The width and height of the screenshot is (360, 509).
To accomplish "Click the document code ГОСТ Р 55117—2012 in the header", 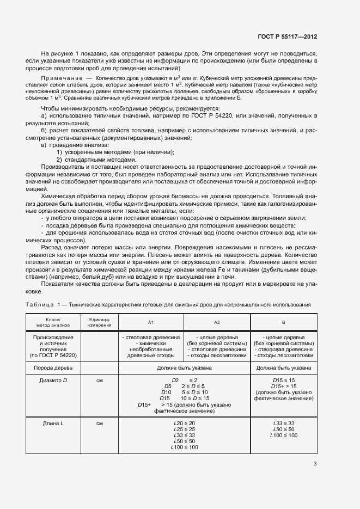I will click(287, 36).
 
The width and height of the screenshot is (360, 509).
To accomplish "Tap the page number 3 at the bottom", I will click(315, 464).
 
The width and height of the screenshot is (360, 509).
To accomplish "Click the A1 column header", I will click(151, 322).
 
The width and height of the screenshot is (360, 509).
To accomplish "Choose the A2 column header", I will click(216, 322).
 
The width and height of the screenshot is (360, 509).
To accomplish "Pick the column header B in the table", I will click(283, 322).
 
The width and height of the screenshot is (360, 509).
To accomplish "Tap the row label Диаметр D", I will click(53, 380).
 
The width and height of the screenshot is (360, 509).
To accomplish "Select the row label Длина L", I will click(53, 423).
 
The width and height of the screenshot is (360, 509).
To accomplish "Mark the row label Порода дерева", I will click(53, 368).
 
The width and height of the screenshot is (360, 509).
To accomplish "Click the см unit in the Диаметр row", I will click(99, 380).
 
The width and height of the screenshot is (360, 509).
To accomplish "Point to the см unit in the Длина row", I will click(99, 423).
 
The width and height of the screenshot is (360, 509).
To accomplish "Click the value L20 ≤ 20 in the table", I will click(184, 423).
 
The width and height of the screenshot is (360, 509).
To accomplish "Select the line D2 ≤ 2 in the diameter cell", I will click(184, 379).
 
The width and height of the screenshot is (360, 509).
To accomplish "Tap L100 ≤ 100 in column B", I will click(283, 435).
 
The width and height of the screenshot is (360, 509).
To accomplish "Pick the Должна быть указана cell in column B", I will click(283, 368).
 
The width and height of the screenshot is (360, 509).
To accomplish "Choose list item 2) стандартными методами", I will click(96, 160).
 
